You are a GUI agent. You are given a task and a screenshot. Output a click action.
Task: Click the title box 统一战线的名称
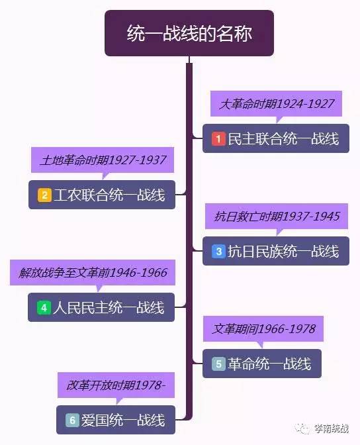[189, 33]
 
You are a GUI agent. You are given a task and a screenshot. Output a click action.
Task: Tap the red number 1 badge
[218, 139]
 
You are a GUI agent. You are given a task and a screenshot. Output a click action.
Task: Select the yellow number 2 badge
[44, 195]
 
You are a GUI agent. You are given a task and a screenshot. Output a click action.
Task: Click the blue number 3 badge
[218, 251]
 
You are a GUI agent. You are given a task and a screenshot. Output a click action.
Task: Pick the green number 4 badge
[44, 308]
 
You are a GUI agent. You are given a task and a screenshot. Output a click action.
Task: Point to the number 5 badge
[218, 364]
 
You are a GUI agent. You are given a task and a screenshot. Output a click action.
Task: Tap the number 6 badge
[72, 420]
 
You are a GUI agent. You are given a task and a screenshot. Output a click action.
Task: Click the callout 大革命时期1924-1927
[276, 104]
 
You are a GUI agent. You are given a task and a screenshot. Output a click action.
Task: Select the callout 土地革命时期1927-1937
[103, 160]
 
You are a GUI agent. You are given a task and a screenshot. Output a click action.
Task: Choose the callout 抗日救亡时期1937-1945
[277, 217]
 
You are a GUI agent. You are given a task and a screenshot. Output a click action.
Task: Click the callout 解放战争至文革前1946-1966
[93, 272]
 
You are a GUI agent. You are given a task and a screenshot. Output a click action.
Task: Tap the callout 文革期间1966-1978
[263, 328]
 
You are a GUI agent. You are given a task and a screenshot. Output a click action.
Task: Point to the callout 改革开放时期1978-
[116, 385]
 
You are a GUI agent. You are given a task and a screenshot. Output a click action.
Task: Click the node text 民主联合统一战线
[283, 139]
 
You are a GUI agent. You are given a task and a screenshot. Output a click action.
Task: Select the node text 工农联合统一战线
[109, 195]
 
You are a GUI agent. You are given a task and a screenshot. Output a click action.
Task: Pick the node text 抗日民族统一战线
[283, 251]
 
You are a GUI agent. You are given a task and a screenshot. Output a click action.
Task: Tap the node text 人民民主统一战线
[109, 308]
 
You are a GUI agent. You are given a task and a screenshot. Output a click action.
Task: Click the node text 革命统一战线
[269, 364]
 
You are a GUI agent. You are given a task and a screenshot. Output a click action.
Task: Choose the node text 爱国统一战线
[123, 420]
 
